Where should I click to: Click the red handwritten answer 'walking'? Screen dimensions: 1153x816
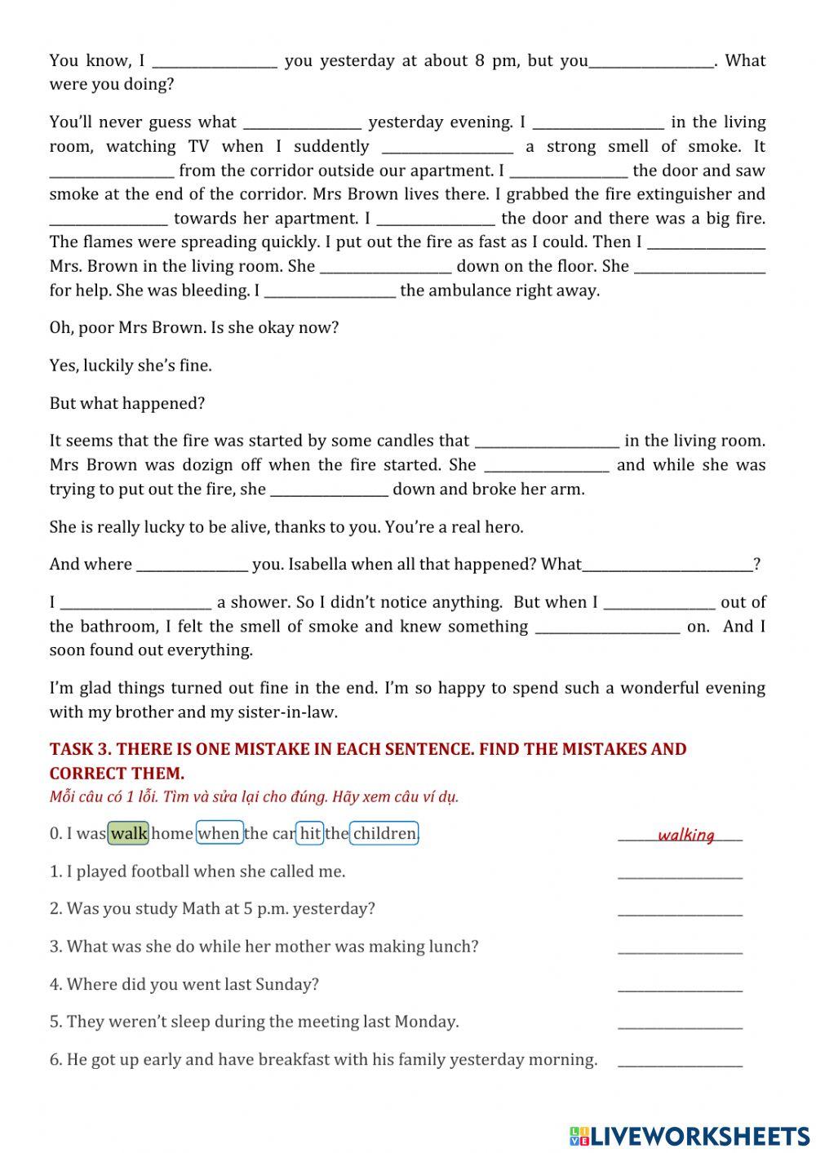coord(685,835)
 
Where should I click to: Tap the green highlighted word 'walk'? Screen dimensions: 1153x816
coord(129,833)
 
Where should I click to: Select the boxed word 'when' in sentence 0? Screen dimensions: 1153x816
coord(220,833)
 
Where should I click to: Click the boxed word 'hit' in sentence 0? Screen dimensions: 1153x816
coord(310,833)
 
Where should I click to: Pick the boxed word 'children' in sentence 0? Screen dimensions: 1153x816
coord(384,833)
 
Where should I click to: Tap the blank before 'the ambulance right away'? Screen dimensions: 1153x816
coord(330,291)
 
